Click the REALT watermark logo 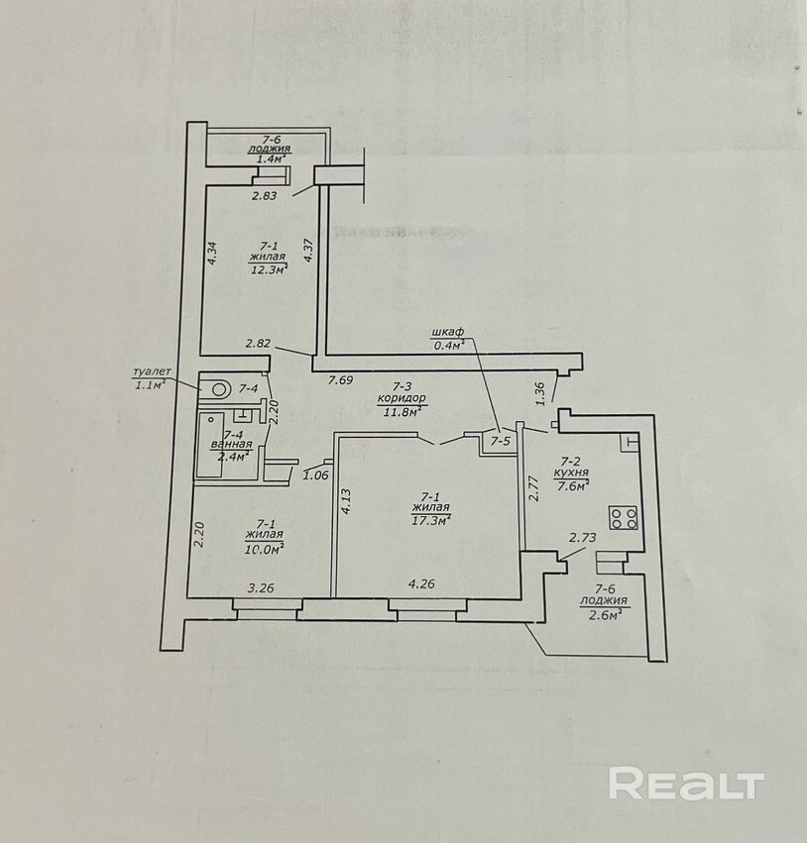pos(686,784)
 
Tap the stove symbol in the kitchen pos(623,516)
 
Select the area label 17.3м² pos(431,518)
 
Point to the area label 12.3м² pos(268,267)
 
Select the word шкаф pos(448,332)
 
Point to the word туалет pos(152,371)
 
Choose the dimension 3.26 pos(260,587)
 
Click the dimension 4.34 pos(212,252)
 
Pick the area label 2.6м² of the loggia pos(604,614)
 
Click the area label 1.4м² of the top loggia pos(271,158)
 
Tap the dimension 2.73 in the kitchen pos(581,537)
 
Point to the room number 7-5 pos(501,441)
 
